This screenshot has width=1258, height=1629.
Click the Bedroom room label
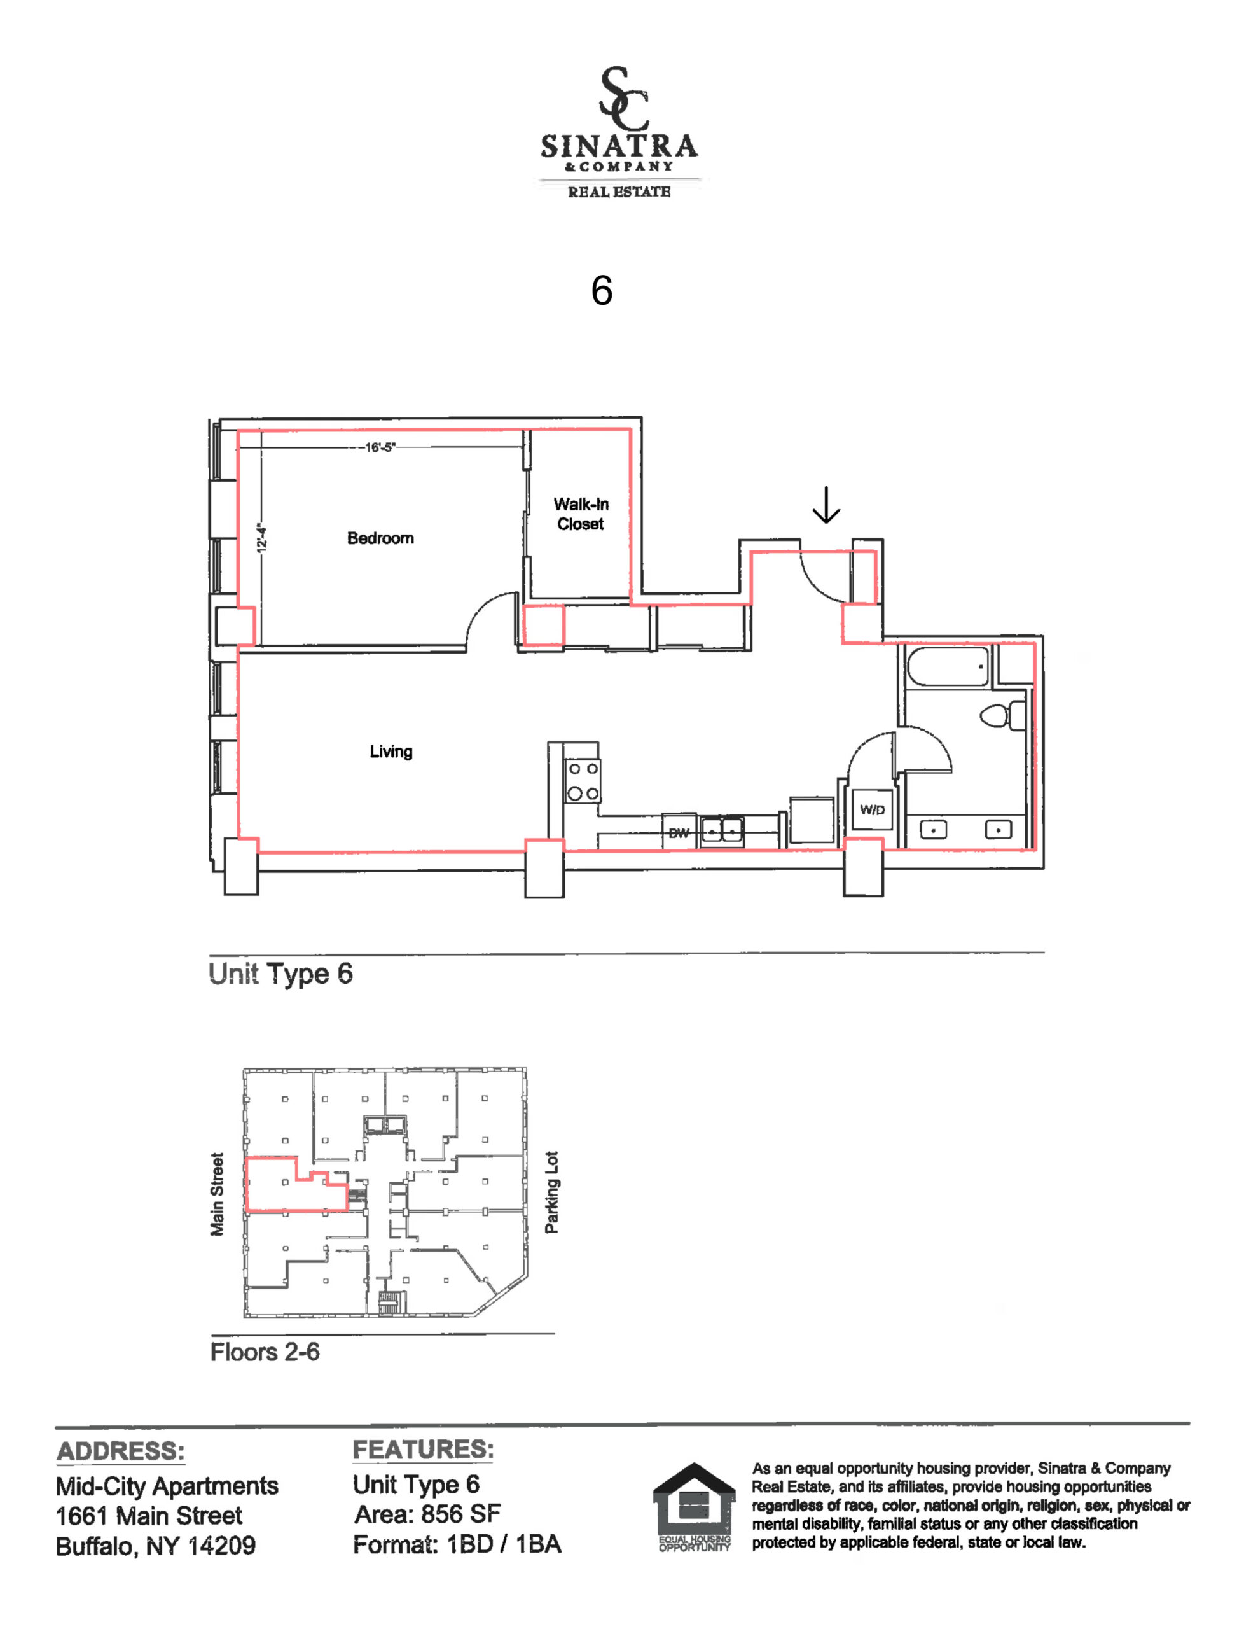(x=380, y=538)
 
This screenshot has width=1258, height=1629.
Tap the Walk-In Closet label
(x=581, y=514)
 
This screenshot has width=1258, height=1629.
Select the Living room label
(x=391, y=751)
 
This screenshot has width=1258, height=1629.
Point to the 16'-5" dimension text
(x=380, y=447)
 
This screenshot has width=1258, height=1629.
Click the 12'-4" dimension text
(x=261, y=537)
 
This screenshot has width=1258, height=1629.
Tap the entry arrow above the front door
(x=826, y=505)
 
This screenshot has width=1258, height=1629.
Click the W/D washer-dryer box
(x=873, y=809)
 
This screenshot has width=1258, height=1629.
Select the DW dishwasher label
(x=679, y=833)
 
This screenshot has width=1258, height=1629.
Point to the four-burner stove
(x=583, y=781)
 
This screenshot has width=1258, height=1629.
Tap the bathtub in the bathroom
(x=948, y=666)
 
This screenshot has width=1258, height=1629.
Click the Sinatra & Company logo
(x=619, y=132)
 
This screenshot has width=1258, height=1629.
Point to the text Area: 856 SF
(x=427, y=1514)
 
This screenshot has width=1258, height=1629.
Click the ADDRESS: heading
(x=121, y=1451)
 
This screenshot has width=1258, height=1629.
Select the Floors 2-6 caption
(x=265, y=1352)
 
